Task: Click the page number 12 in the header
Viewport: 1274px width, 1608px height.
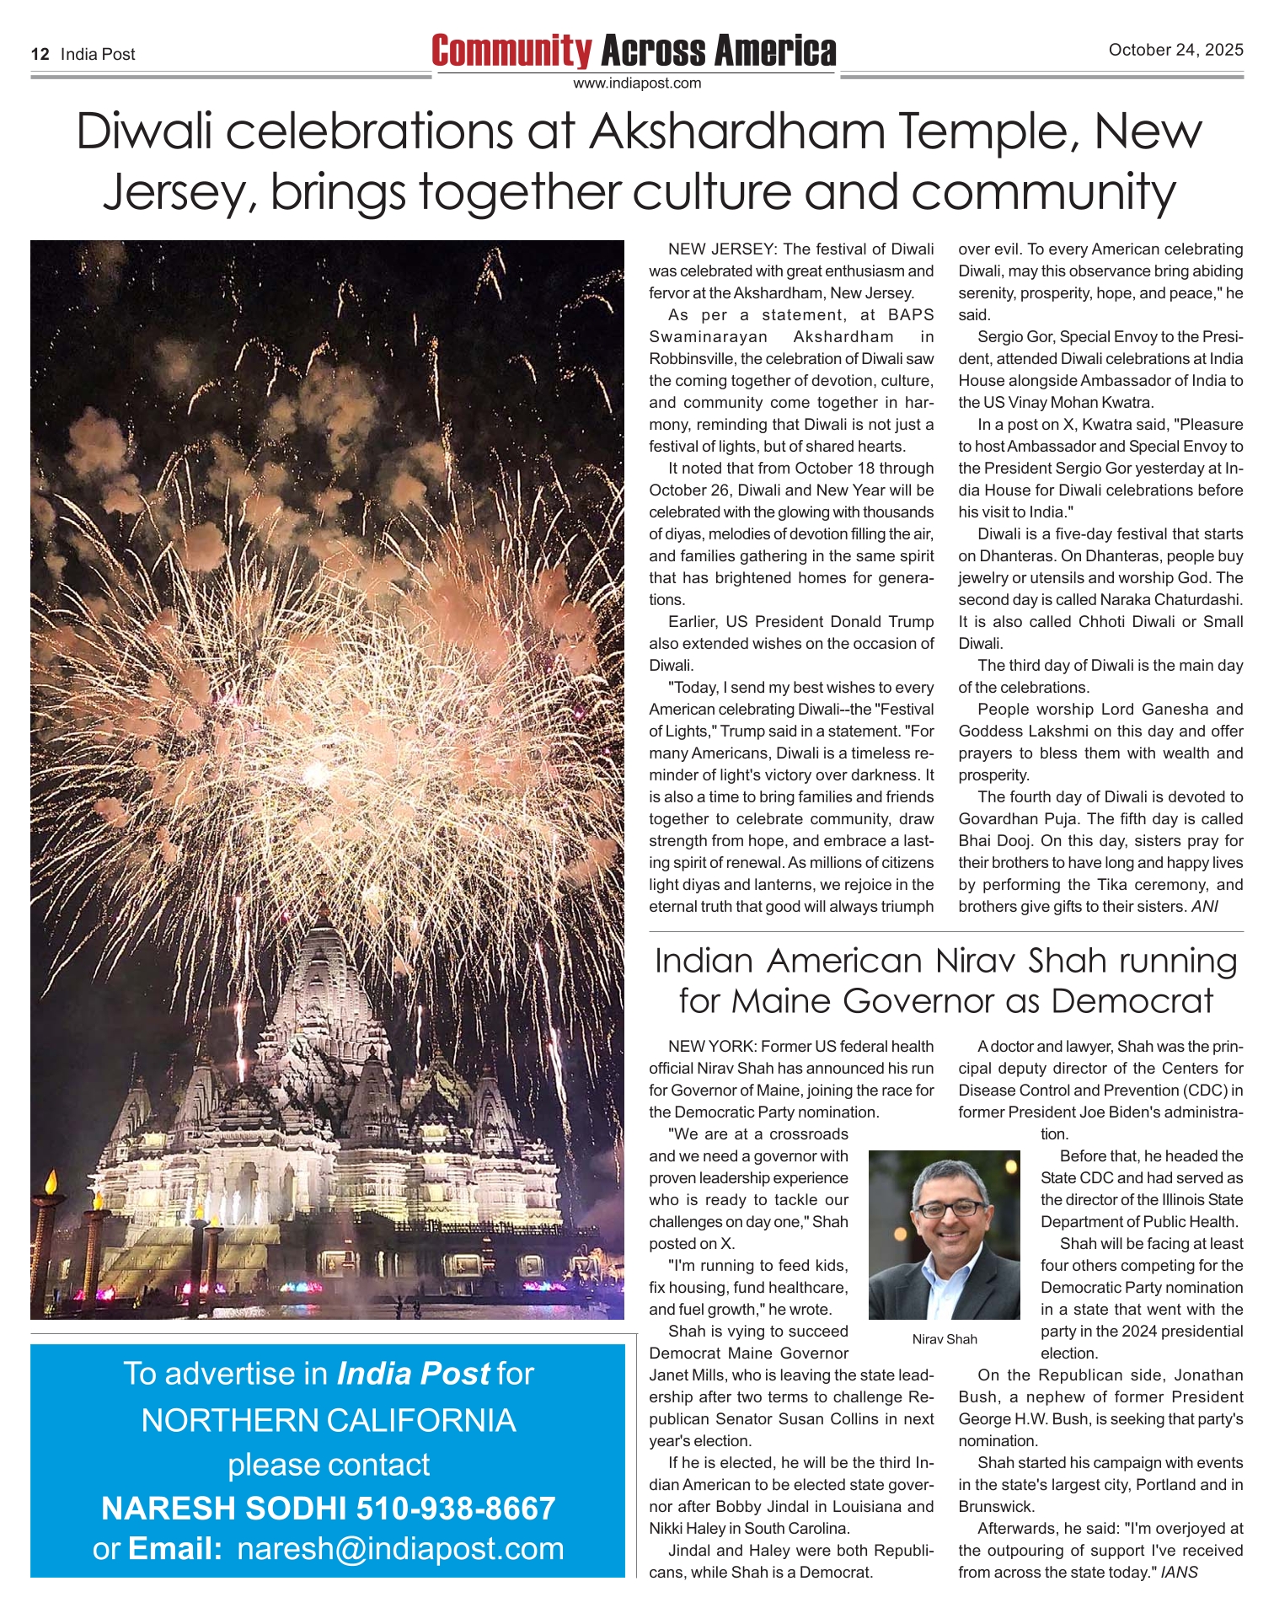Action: (40, 55)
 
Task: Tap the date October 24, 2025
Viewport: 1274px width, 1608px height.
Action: (1175, 50)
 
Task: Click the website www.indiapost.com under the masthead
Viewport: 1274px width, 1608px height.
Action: (637, 83)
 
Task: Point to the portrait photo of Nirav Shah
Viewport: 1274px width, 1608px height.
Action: (944, 1235)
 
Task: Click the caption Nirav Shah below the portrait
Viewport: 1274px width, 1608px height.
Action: (945, 1339)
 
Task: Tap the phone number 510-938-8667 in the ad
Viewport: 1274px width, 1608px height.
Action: (456, 1508)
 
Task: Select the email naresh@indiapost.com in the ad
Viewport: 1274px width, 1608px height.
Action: (400, 1549)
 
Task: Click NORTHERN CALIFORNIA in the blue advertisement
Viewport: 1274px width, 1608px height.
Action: (329, 1420)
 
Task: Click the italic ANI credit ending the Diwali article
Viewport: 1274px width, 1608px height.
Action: (1204, 907)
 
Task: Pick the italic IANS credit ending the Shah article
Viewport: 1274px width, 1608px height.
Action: (1179, 1572)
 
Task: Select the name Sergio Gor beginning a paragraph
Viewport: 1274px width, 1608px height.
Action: (1015, 337)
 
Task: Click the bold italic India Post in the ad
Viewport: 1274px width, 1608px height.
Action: (413, 1374)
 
